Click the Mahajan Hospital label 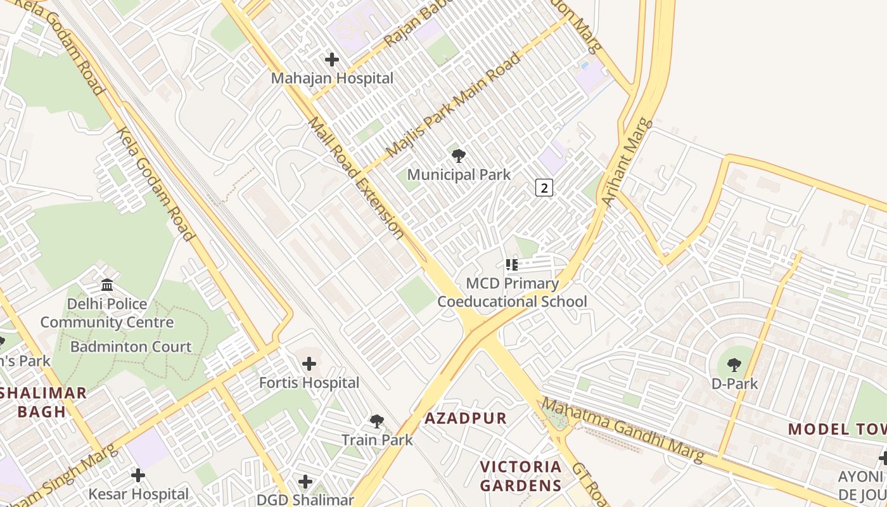click(x=332, y=79)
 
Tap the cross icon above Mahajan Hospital click(x=331, y=60)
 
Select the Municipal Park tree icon click(x=458, y=155)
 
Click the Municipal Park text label click(x=458, y=174)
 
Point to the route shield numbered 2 click(x=544, y=187)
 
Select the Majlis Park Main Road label click(x=453, y=105)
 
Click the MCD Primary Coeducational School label click(x=513, y=292)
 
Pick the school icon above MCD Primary click(x=512, y=264)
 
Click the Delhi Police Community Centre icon click(x=107, y=285)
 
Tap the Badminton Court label click(x=131, y=347)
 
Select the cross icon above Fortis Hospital click(x=309, y=364)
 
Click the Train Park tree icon click(x=377, y=421)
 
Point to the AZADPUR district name click(x=466, y=418)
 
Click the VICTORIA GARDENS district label click(x=520, y=477)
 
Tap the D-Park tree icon click(x=734, y=364)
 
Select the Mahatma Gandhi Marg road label click(x=622, y=430)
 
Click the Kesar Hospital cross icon click(x=138, y=475)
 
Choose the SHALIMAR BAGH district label click(x=42, y=402)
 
